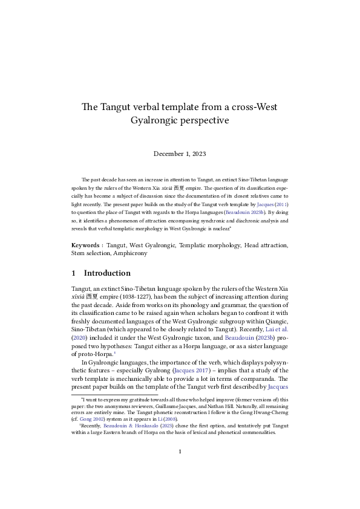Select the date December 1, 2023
[180, 154]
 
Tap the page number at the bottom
[180, 469]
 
